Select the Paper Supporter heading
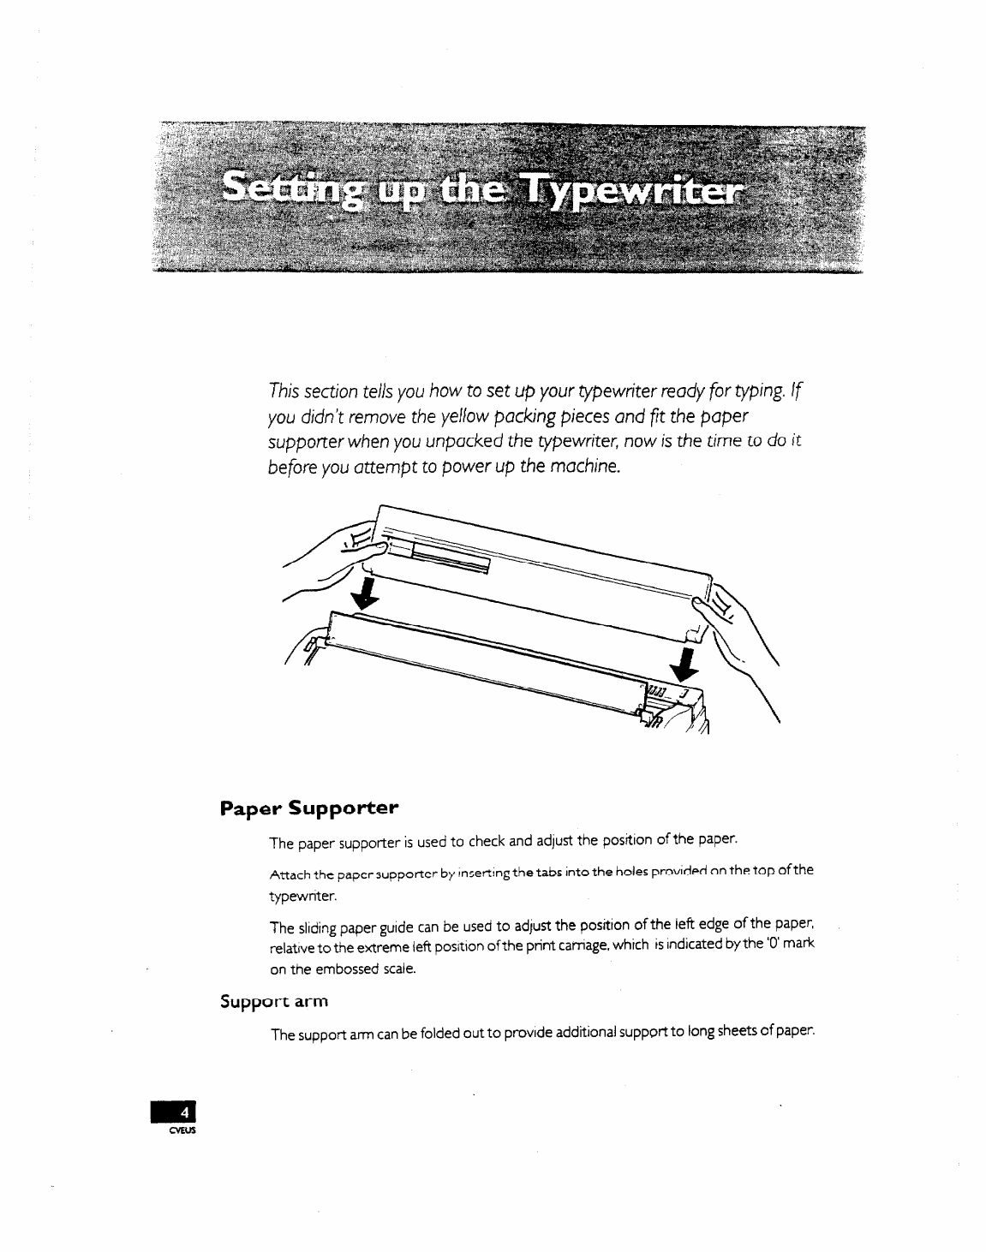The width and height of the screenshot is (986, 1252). [x=309, y=808]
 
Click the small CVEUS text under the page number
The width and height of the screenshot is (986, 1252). [x=184, y=1130]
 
